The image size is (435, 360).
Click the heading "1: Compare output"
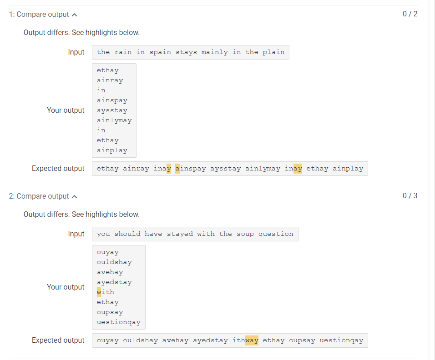[x=39, y=15]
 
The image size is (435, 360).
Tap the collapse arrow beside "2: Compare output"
[x=75, y=196]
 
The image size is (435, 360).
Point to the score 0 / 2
[x=410, y=14]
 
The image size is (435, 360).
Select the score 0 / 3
[x=410, y=195]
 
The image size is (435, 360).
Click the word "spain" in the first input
[x=160, y=52]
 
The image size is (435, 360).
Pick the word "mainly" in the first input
[x=215, y=52]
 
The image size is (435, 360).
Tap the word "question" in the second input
[x=276, y=234]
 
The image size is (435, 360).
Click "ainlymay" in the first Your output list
[x=114, y=120]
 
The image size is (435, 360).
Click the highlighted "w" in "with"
[x=99, y=292]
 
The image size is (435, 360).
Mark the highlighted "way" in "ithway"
[x=252, y=340]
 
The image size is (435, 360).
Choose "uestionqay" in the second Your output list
[x=119, y=322]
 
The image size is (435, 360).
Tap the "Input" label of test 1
[x=76, y=52]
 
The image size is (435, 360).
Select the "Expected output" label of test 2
[x=58, y=340]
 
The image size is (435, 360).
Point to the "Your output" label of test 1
[x=66, y=110]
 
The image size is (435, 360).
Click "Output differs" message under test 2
[x=81, y=215]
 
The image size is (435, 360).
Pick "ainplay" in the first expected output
[x=348, y=169]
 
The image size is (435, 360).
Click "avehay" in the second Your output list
[x=110, y=272]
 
